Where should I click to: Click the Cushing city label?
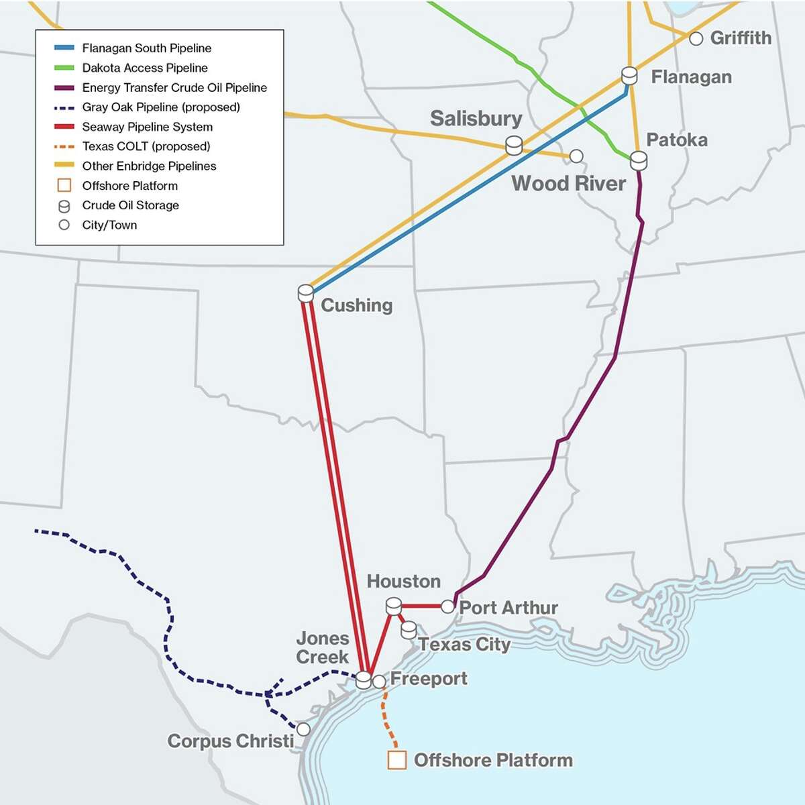pyautogui.click(x=356, y=305)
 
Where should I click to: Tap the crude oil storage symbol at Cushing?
pyautogui.click(x=306, y=293)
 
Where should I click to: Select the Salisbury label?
pyautogui.click(x=476, y=119)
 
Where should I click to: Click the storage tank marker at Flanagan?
pyautogui.click(x=629, y=75)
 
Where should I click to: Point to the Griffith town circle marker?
pyautogui.click(x=696, y=39)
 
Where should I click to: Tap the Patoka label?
pyautogui.click(x=676, y=140)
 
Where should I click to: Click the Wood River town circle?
pyautogui.click(x=576, y=156)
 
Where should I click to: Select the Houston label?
pyautogui.click(x=403, y=581)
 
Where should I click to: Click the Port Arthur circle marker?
pyautogui.click(x=447, y=606)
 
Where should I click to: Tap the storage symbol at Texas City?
pyautogui.click(x=409, y=630)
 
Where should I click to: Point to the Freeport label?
pyautogui.click(x=429, y=678)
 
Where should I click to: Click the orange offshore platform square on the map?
pyautogui.click(x=397, y=760)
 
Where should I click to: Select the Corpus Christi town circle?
pyautogui.click(x=303, y=729)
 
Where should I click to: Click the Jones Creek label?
pyautogui.click(x=323, y=647)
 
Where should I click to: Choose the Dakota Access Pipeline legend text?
pyautogui.click(x=145, y=68)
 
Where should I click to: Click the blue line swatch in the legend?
pyautogui.click(x=64, y=48)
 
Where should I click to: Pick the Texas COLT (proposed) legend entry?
pyautogui.click(x=146, y=146)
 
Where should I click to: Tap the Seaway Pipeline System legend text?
pyautogui.click(x=147, y=127)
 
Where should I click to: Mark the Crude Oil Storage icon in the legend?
pyautogui.click(x=64, y=206)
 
